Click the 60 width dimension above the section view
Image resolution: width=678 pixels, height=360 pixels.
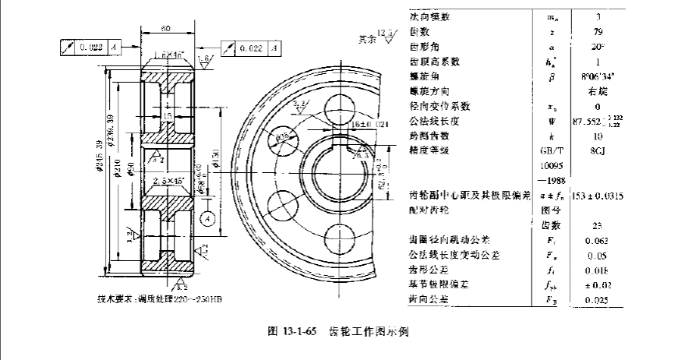tap(166, 28)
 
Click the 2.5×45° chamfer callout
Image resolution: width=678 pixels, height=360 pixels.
tap(171, 180)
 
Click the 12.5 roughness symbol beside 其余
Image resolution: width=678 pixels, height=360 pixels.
tap(387, 34)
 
